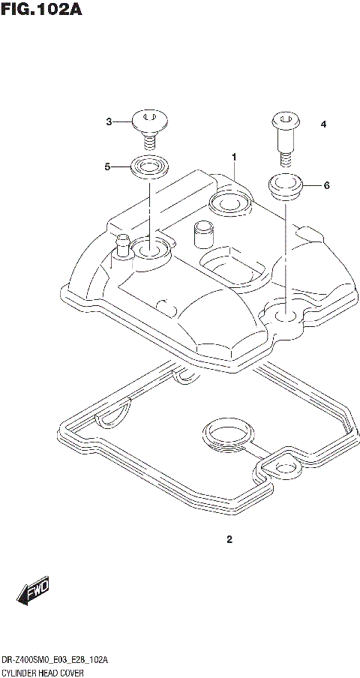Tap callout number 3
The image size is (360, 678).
[x=109, y=121]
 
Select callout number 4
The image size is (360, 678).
[x=323, y=124]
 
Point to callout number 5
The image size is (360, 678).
[x=107, y=167]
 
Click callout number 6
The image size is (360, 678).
[x=326, y=185]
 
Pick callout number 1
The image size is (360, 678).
[x=234, y=157]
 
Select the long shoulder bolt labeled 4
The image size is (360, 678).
[x=284, y=138]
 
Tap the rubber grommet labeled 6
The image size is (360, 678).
[x=284, y=187]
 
